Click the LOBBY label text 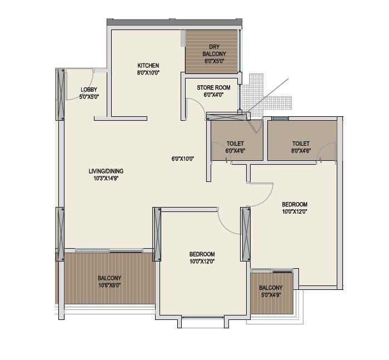(89, 90)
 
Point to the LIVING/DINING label (106, 171)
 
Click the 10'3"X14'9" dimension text (106, 179)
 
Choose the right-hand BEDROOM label (294, 204)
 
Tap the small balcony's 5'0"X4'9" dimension (271, 295)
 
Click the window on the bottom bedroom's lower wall (203, 318)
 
